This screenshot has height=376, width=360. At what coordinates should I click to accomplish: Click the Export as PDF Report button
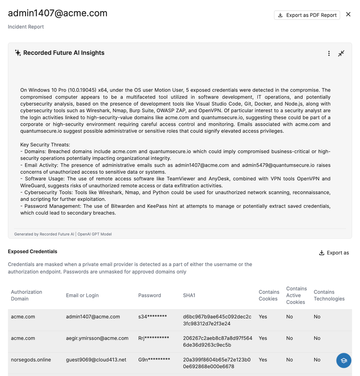pos(307,15)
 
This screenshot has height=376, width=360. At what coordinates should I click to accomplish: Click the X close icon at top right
pos(348,14)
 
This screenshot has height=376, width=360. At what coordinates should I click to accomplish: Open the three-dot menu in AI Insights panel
pos(329,53)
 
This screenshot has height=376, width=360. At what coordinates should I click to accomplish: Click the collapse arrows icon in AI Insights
pos(341,53)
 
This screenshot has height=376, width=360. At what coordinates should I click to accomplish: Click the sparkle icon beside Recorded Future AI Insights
pos(18,53)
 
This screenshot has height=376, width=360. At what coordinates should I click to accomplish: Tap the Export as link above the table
pos(334,253)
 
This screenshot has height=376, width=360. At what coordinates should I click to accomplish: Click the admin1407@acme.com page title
pos(58,13)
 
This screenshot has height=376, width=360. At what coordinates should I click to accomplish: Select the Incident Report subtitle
pos(26,27)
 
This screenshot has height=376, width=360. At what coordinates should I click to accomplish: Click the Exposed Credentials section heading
pos(33,252)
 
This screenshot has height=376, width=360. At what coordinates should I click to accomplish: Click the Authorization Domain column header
pos(27,295)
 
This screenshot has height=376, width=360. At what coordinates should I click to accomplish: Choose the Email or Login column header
pos(82,295)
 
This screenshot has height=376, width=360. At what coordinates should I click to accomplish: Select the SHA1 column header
pos(189,295)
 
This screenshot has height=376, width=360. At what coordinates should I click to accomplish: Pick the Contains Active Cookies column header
pos(296,295)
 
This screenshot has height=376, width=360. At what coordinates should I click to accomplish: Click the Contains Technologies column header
pos(329,295)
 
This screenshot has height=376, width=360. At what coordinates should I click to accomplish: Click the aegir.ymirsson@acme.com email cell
pos(97,338)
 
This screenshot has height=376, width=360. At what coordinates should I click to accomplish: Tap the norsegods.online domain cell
pos(31,360)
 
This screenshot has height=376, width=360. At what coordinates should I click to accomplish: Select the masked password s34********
pos(153,317)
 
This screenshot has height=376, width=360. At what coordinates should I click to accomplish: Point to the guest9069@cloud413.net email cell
pos(96,360)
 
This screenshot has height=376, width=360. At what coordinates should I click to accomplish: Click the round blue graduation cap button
pos(344,360)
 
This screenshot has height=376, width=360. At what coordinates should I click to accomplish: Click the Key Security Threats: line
pos(45,145)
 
